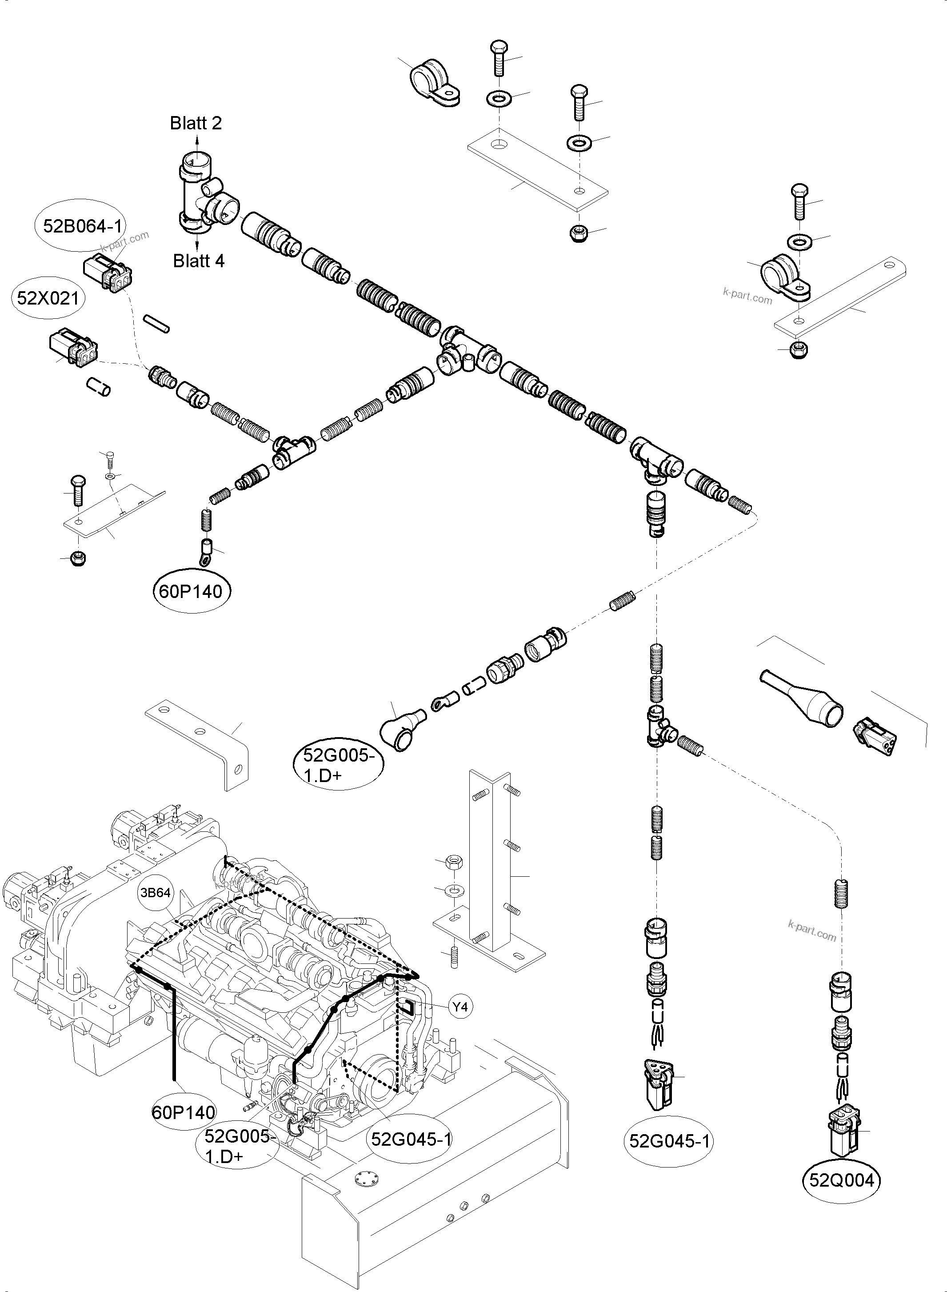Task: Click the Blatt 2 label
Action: [196, 123]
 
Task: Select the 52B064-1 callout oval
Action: [84, 226]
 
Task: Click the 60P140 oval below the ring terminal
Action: [191, 591]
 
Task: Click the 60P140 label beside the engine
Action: [184, 1112]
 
